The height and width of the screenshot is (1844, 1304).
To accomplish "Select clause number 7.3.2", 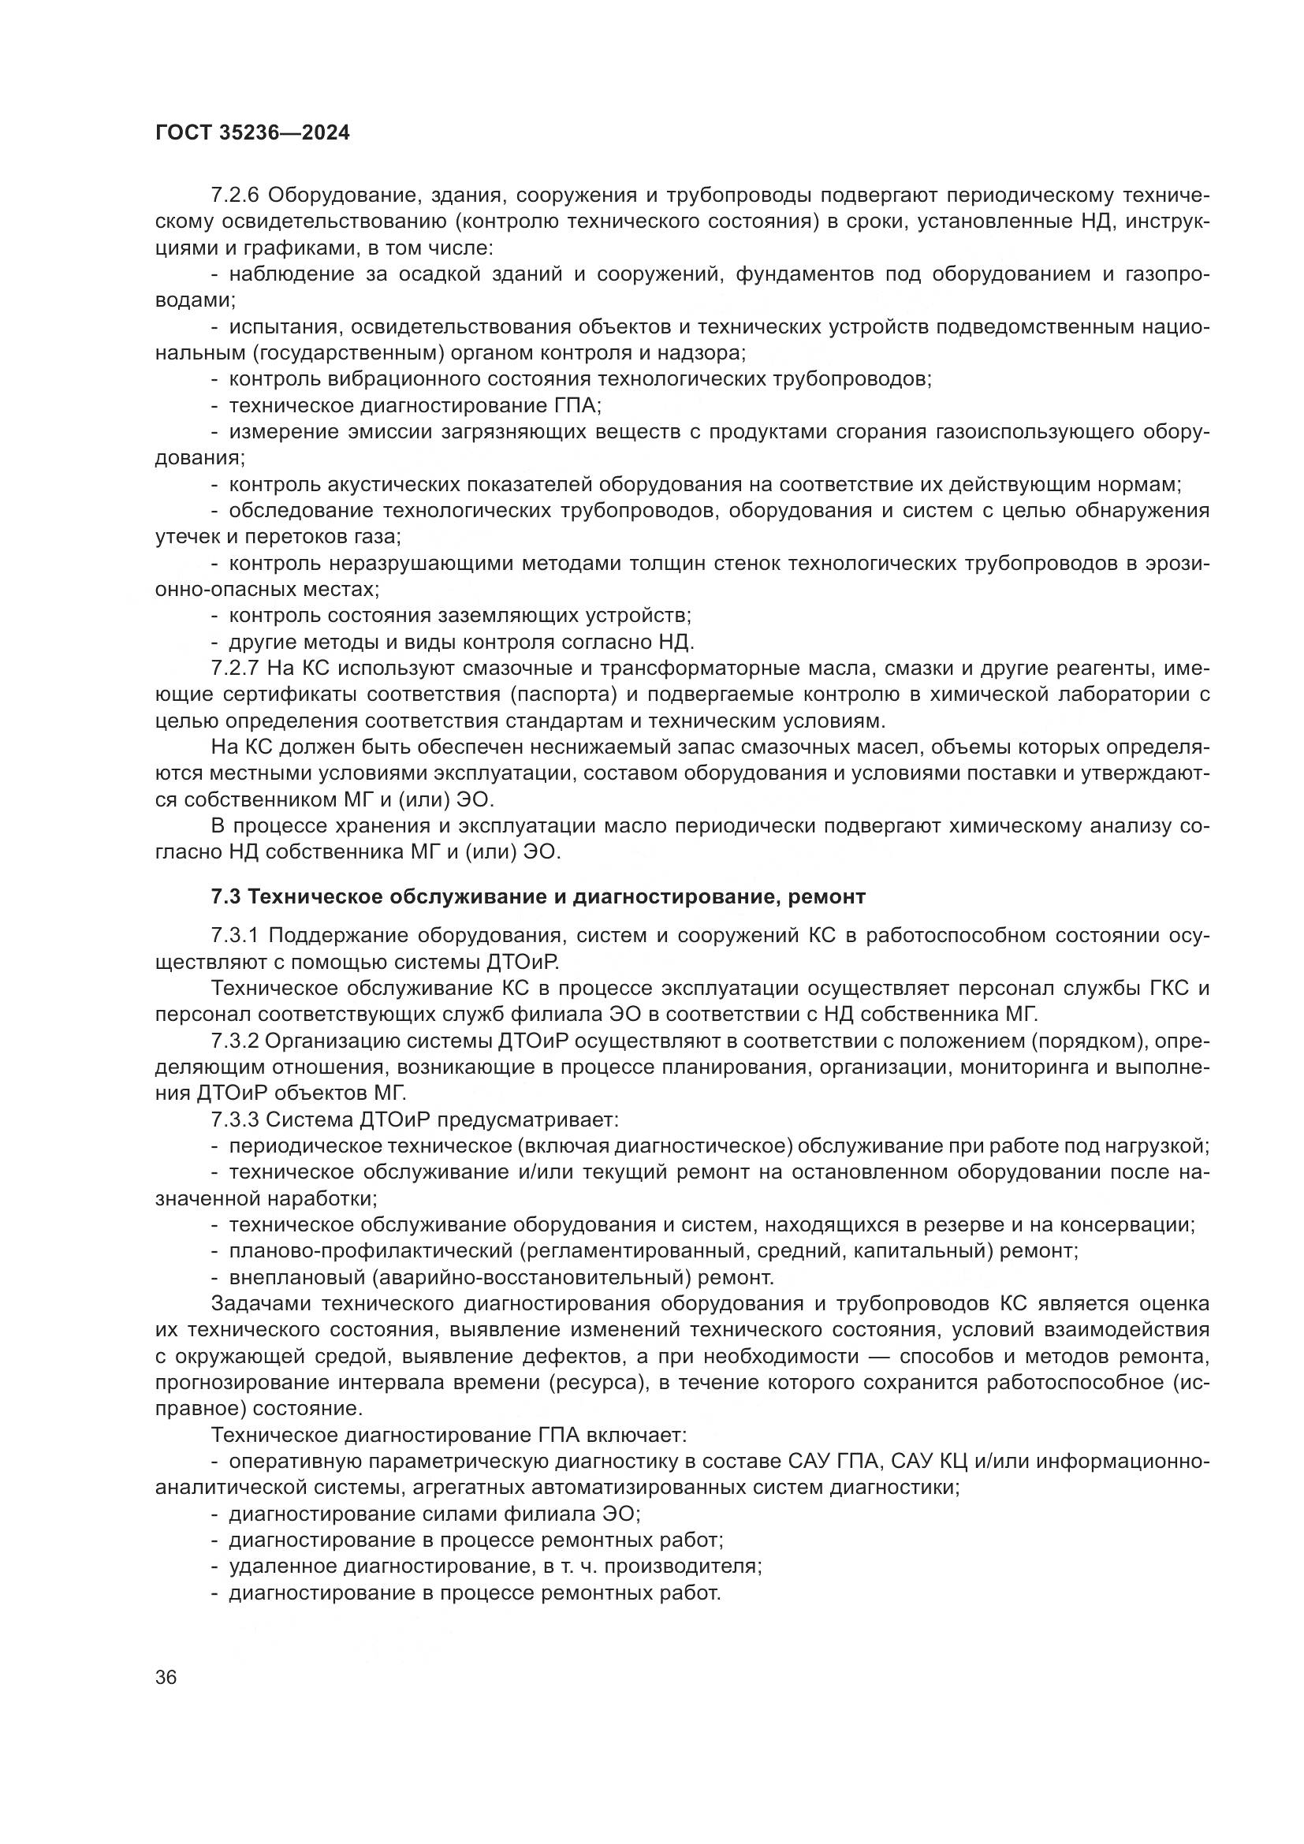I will [235, 1041].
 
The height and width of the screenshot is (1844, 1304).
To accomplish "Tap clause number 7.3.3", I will [235, 1120].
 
